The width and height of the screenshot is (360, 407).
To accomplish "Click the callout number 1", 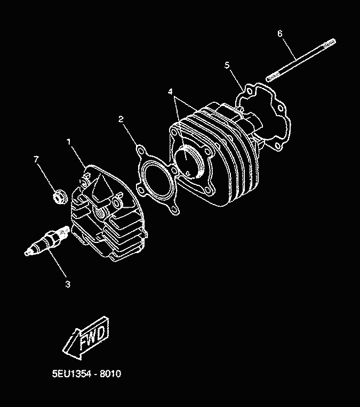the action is tap(69, 142).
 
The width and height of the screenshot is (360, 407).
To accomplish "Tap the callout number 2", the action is tap(121, 119).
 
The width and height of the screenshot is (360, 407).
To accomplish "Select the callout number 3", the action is tap(68, 284).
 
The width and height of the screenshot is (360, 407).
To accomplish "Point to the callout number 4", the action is tap(171, 92).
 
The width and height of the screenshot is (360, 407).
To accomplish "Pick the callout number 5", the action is tap(227, 65).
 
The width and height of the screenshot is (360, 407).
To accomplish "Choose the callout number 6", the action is tap(279, 34).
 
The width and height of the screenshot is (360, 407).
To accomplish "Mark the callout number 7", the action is tap(36, 159).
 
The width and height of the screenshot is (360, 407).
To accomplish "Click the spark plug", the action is tap(47, 241).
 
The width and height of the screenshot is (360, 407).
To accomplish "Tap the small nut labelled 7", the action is tap(60, 197).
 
